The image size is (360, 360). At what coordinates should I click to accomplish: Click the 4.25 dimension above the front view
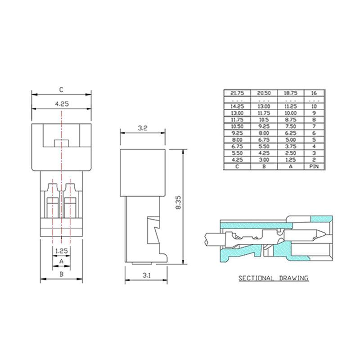(62, 104)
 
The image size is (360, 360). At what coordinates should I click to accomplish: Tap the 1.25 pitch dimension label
(61, 251)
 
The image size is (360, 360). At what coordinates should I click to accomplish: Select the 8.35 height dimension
(178, 202)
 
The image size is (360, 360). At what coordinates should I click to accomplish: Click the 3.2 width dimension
(143, 128)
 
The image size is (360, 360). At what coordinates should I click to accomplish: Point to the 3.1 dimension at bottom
(147, 275)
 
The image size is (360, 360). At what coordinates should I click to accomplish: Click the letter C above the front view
(61, 90)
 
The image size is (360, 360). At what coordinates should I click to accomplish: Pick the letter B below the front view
(62, 274)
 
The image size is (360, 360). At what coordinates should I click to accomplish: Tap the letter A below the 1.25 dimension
(61, 261)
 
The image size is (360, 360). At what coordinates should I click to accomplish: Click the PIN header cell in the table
(314, 166)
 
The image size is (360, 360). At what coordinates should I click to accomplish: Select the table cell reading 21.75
(237, 93)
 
